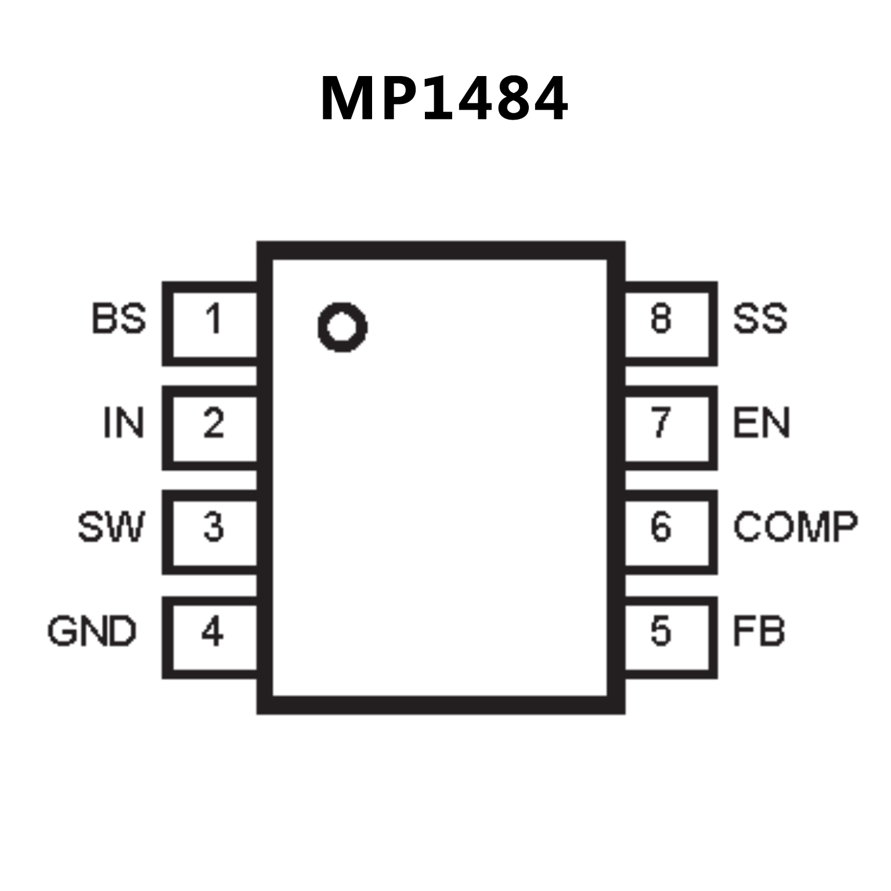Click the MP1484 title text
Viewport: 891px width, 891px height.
(444, 99)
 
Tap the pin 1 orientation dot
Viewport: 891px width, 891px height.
(342, 327)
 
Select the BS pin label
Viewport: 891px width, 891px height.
(119, 319)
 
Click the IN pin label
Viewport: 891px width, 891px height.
(123, 423)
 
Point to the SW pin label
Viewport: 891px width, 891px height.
(110, 527)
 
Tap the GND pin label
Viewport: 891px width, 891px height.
(92, 631)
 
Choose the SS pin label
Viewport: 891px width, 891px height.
(760, 319)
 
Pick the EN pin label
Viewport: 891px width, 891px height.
(761, 423)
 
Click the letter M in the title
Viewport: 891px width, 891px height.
(349, 99)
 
